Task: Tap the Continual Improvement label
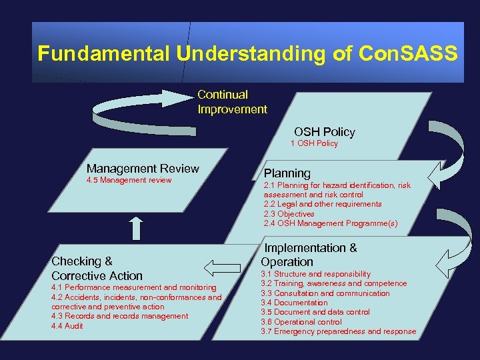pos(232,102)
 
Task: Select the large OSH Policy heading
pos(325,132)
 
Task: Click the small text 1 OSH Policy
pos(314,143)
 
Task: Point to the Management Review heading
pos(143,169)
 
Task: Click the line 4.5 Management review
pos(129,180)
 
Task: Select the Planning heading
pos(287,173)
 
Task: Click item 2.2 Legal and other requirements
pos(323,204)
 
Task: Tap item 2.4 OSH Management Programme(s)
pos(330,223)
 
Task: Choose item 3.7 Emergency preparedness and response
pos(338,331)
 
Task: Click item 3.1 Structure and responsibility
pos(315,274)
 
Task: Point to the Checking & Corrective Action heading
pos(97,268)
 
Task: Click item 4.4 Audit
pos(67,326)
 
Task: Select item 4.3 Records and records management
pos(120,316)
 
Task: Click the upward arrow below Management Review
pos(136,228)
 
